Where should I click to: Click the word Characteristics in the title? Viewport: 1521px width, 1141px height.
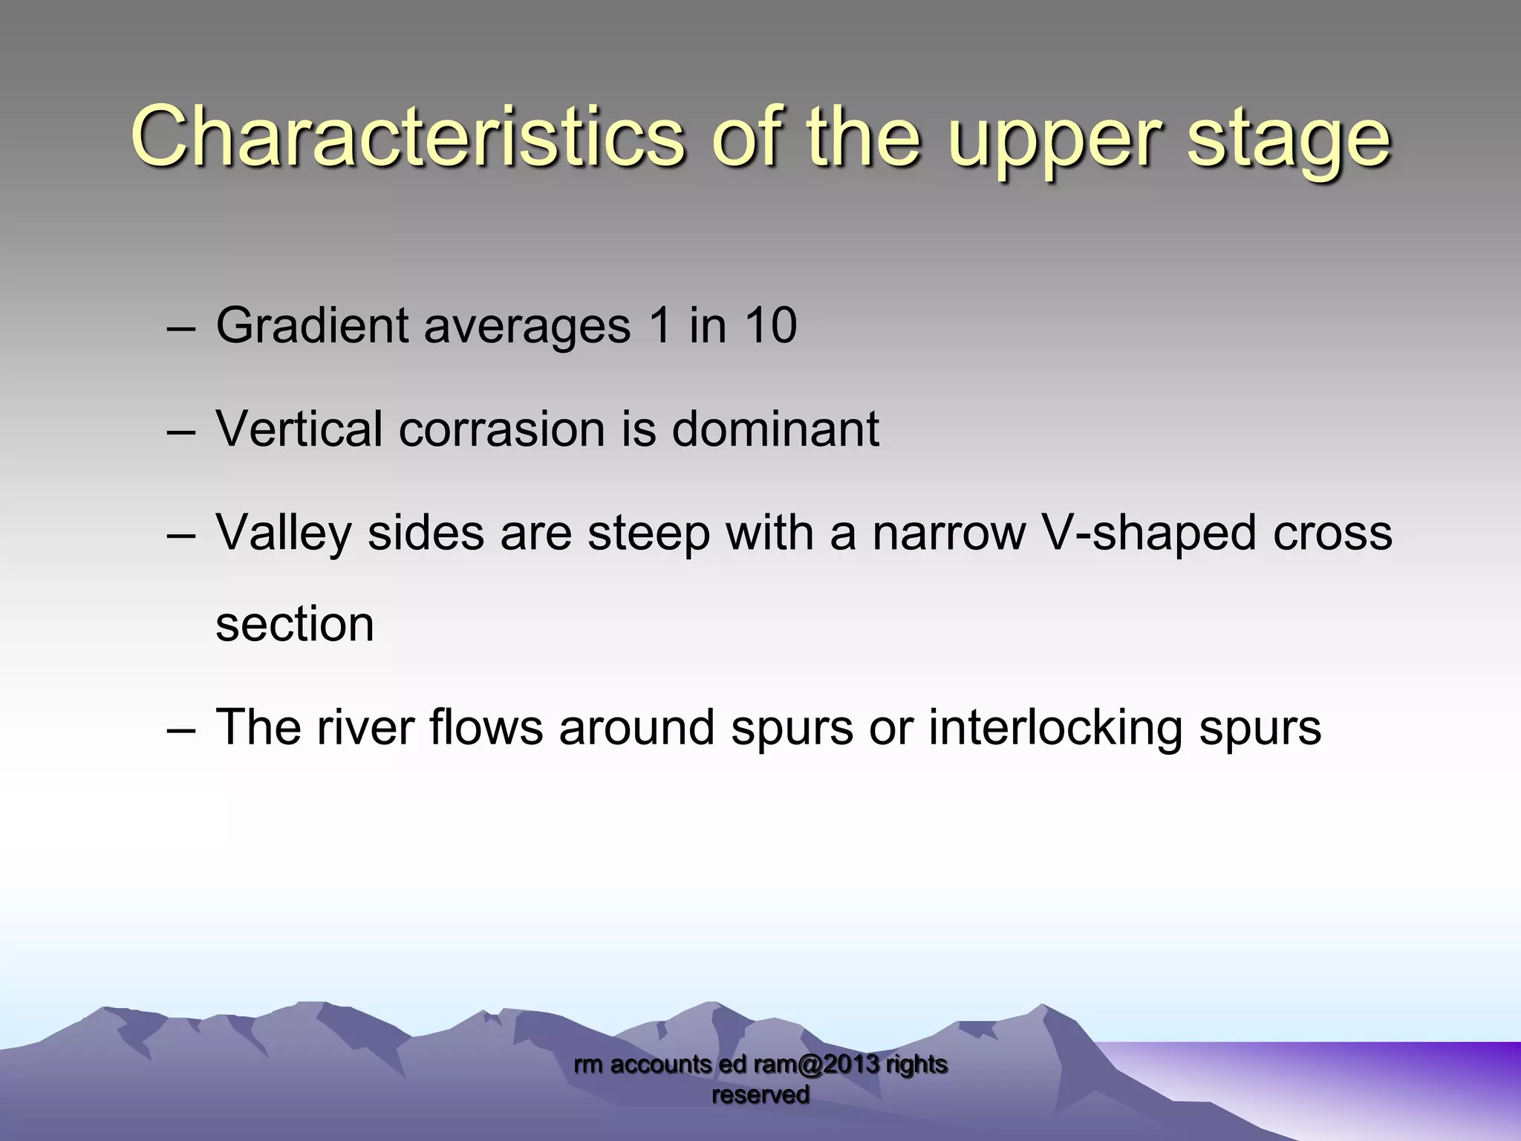[406, 137]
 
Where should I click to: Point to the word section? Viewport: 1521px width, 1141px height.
[295, 624]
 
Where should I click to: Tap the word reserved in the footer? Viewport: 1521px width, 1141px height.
[760, 1095]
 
